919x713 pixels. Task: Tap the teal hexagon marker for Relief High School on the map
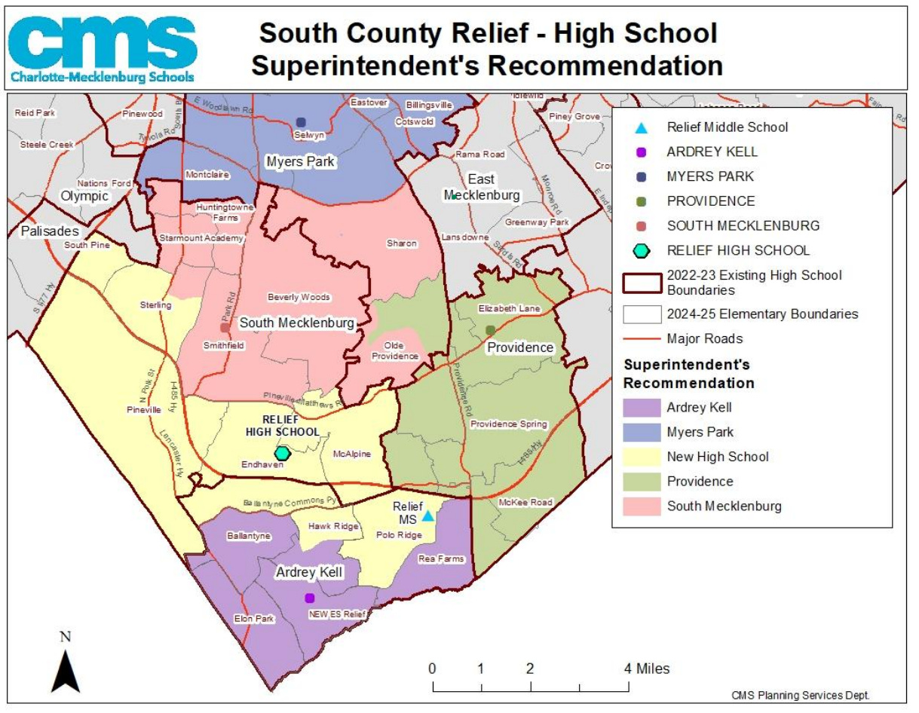(x=282, y=453)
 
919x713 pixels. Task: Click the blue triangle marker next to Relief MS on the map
(x=427, y=516)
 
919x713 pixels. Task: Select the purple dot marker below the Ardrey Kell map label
(x=309, y=598)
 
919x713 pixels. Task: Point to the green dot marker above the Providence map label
(x=491, y=329)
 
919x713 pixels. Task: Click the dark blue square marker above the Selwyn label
(x=301, y=122)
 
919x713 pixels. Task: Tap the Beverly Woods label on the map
(x=299, y=297)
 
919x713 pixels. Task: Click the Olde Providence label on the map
(x=395, y=350)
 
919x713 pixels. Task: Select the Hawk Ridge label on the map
(x=333, y=526)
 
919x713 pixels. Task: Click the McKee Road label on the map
(x=525, y=502)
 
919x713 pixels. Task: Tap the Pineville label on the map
(x=143, y=410)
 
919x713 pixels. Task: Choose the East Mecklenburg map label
(x=481, y=187)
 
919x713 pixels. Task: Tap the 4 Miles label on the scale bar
(x=645, y=669)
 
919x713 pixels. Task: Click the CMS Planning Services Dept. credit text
(x=805, y=695)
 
